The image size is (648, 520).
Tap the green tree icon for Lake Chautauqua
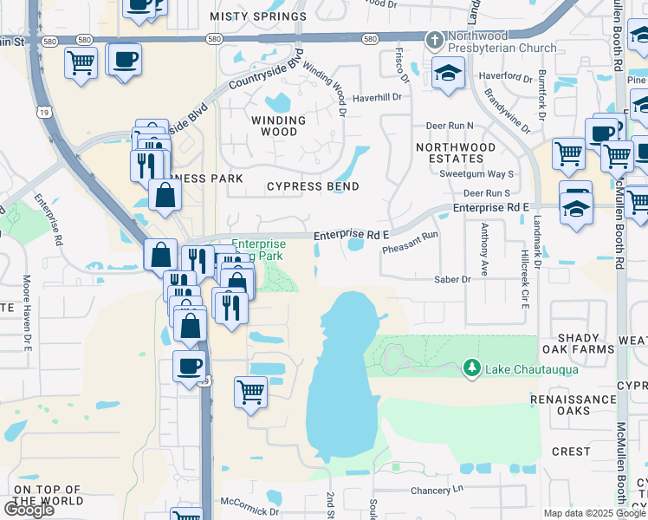pos(472,369)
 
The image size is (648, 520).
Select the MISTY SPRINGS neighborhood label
pos(258,16)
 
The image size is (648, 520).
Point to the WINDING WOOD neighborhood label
pos(278,127)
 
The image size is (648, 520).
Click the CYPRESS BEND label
pos(313,186)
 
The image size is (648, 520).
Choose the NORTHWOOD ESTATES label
pos(456,153)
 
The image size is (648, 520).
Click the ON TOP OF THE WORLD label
pos(49,495)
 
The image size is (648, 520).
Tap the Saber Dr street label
pos(452,280)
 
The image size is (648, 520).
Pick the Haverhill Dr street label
pos(378,97)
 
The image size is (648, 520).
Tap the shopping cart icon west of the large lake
pos(250,391)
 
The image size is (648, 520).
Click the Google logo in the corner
pos(29,510)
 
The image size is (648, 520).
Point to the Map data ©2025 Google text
pos(594,513)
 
